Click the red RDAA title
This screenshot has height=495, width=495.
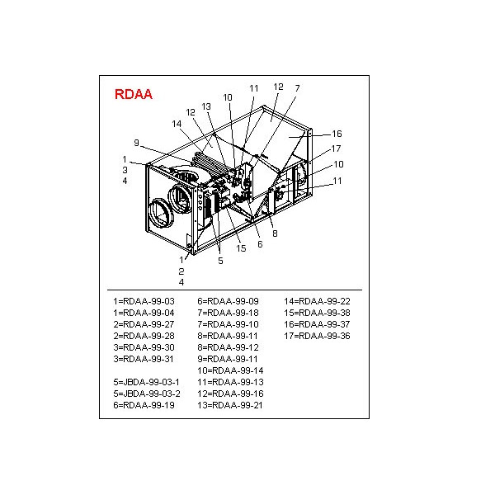(x=133, y=94)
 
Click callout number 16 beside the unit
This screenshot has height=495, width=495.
(x=337, y=134)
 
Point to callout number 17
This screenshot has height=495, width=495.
(x=337, y=148)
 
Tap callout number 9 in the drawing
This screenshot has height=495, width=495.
(x=136, y=143)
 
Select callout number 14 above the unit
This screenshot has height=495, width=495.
(x=177, y=124)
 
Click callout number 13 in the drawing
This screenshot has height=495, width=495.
(x=206, y=106)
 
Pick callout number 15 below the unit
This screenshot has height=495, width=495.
(x=241, y=248)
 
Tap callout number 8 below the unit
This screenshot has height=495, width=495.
(x=275, y=233)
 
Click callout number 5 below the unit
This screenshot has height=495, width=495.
(x=220, y=261)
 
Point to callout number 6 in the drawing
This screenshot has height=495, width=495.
(x=260, y=244)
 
